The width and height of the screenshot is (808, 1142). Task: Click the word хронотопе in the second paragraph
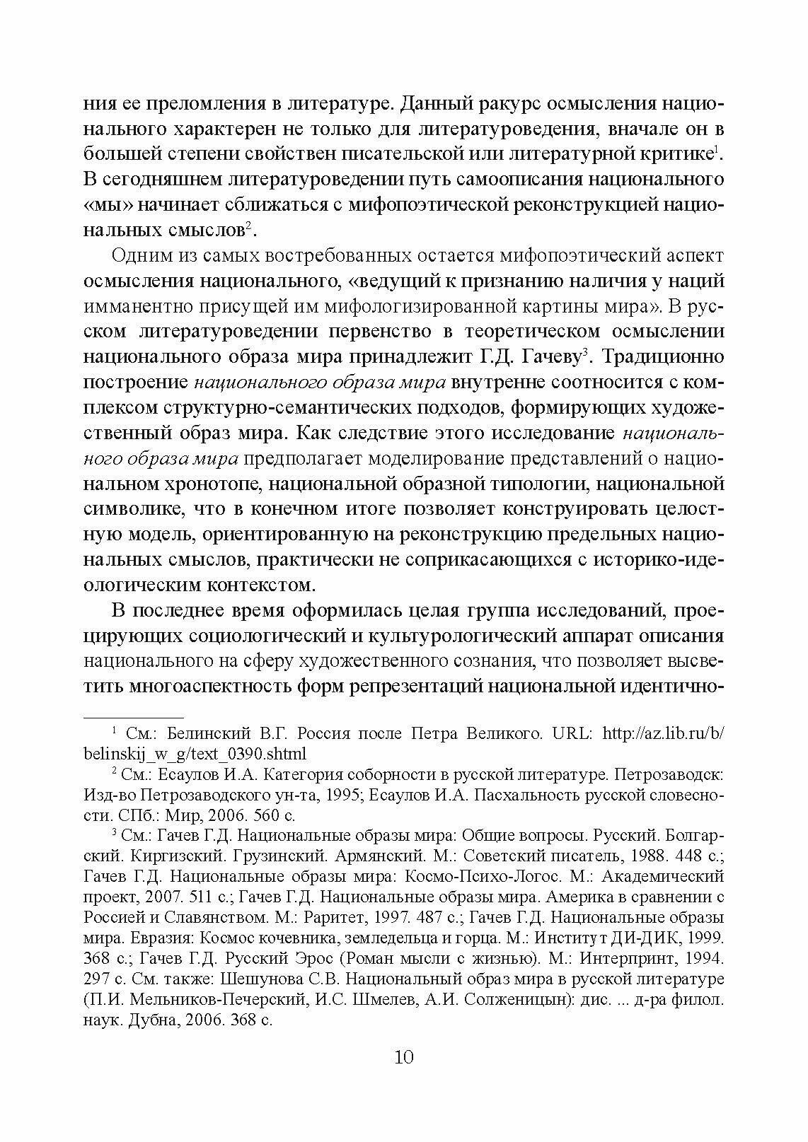click(209, 484)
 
